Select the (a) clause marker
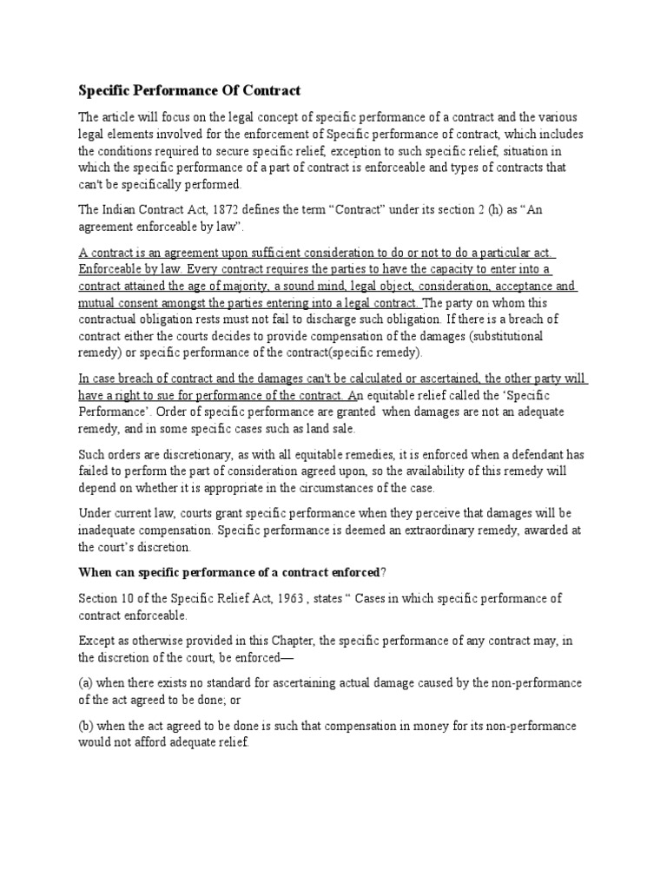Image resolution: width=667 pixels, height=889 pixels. click(87, 683)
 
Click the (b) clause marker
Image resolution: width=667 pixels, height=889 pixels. click(87, 725)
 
